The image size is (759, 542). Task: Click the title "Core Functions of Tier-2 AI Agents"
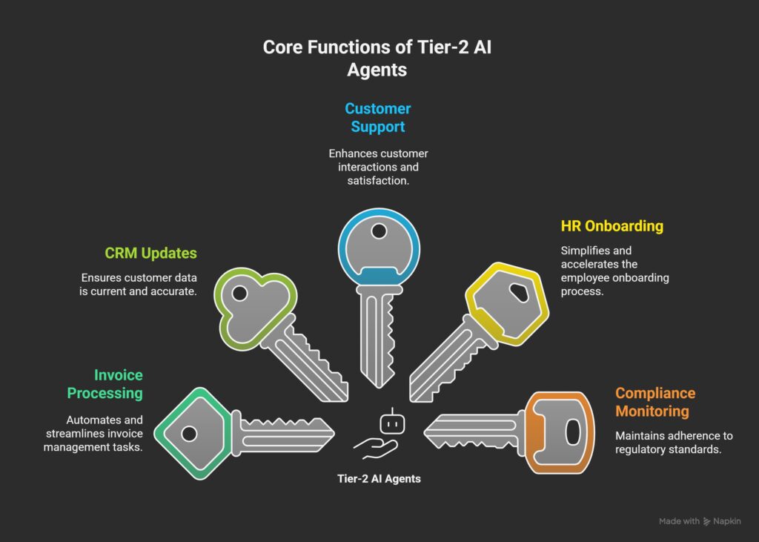point(379,58)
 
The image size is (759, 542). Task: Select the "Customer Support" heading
point(378,117)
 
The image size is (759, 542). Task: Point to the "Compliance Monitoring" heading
point(655,402)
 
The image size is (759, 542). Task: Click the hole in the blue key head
point(379,232)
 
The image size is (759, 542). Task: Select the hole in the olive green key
point(239,294)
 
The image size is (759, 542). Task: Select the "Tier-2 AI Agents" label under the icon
point(379,479)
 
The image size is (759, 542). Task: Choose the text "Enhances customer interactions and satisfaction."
point(378,166)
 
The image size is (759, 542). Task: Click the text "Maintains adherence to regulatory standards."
point(667,442)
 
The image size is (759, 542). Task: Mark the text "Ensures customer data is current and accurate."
point(139,285)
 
